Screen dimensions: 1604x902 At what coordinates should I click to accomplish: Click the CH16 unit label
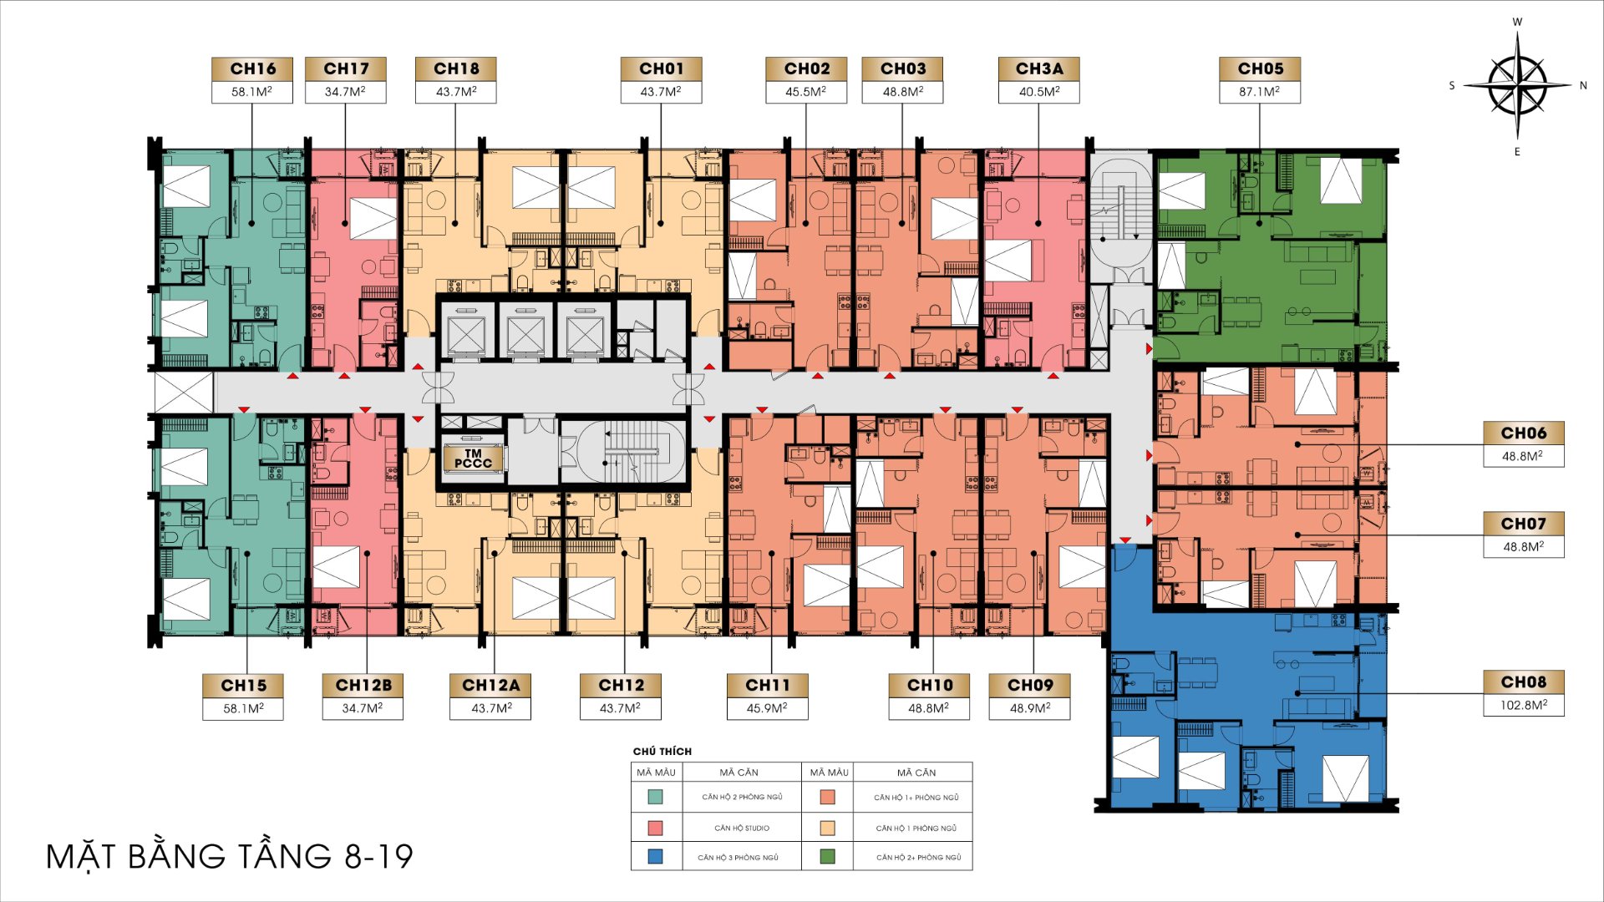252,68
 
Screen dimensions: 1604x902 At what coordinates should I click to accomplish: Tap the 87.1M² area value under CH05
1259,92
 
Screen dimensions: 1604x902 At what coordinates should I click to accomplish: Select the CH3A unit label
1039,68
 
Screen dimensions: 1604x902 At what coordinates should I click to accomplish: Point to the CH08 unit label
1524,682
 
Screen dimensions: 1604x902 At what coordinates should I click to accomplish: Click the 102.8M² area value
1524,705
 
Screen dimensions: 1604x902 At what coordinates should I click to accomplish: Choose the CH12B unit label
363,685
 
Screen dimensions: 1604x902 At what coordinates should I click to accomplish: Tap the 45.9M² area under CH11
767,708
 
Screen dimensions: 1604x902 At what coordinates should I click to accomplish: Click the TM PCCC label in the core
473,459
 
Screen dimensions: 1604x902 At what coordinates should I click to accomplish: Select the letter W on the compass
1517,23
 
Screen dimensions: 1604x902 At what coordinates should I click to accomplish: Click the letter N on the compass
1582,85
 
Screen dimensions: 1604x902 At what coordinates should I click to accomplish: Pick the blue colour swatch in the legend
656,856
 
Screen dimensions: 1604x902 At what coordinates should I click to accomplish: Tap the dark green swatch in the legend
828,856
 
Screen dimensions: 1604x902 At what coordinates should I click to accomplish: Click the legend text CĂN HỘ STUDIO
742,829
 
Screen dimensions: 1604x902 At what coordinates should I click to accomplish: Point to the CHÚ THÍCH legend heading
662,752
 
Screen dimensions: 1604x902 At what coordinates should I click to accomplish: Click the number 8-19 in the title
378,857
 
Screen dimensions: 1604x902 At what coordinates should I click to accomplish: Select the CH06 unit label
1524,433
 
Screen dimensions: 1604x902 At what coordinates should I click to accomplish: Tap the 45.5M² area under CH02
805,92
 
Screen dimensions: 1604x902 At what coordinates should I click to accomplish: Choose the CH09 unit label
1030,685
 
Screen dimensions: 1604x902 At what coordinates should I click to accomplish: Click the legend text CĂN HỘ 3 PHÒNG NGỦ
739,858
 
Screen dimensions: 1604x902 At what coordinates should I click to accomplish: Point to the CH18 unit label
456,68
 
